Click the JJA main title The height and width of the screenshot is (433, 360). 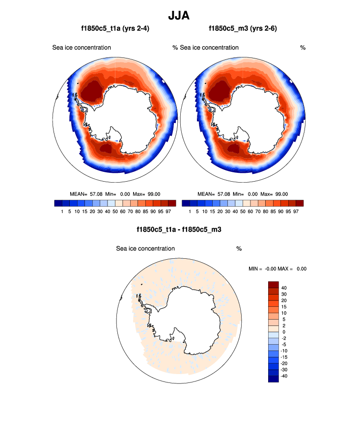[x=179, y=16]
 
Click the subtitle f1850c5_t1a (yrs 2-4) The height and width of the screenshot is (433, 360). [x=115, y=28]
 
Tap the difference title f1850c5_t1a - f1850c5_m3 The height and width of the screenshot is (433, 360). [x=179, y=229]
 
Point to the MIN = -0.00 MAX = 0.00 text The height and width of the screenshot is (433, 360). [x=278, y=269]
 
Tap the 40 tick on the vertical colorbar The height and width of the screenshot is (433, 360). [x=284, y=288]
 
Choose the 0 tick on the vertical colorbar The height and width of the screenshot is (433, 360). [x=284, y=332]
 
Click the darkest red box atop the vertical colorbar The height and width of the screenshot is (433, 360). [x=274, y=284]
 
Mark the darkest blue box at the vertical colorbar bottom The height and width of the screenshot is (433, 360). [x=274, y=379]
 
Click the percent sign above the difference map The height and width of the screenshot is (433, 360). [x=239, y=249]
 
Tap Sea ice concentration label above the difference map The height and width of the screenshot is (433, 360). [x=145, y=248]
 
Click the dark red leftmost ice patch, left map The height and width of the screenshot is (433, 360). [x=90, y=91]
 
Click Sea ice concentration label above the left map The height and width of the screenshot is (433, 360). [x=82, y=48]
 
